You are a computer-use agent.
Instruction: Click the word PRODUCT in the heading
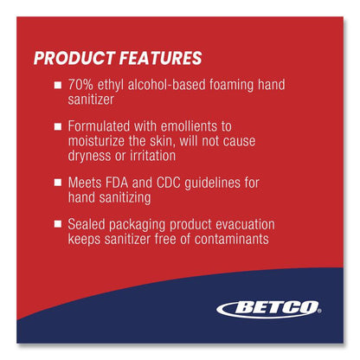point(74,58)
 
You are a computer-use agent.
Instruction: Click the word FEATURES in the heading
point(160,58)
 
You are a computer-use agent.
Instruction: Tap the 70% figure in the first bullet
point(80,85)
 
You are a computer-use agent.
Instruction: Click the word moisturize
point(96,141)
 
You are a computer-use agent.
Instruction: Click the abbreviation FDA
point(117,183)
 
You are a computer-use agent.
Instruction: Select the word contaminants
point(231,239)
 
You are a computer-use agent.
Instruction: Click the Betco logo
point(269,309)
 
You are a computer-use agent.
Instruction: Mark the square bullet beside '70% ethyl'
point(58,85)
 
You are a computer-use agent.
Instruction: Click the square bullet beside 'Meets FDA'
point(58,183)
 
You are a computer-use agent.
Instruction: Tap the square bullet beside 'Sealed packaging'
point(58,224)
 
